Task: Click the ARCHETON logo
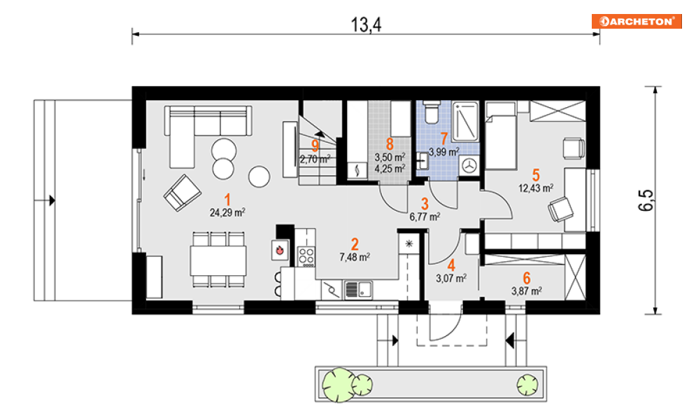(x=637, y=21)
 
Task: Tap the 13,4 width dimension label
(x=367, y=25)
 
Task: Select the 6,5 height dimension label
(x=646, y=200)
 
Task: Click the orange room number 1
(x=228, y=200)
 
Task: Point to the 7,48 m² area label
(x=355, y=257)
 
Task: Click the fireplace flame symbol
(x=280, y=250)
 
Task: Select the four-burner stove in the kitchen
(x=306, y=257)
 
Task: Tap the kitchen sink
(x=358, y=290)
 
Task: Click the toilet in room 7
(x=432, y=113)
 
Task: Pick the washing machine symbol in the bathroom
(x=469, y=166)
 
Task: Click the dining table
(x=218, y=260)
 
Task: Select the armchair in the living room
(x=183, y=193)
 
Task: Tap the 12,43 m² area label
(x=536, y=188)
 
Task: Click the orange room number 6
(x=527, y=278)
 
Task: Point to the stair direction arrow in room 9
(x=320, y=133)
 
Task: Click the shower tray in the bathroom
(x=465, y=121)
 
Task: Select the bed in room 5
(x=501, y=136)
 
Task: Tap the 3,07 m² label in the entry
(x=451, y=279)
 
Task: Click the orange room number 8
(x=390, y=144)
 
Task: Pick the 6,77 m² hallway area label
(x=425, y=216)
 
